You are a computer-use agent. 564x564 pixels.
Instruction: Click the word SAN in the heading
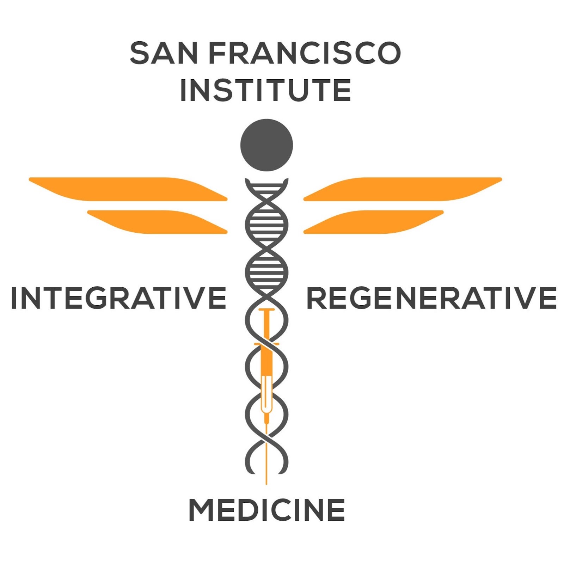[x=164, y=53]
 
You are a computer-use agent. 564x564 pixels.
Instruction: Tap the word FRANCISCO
[x=305, y=53]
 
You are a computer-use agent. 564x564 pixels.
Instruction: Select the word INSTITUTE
[x=265, y=90]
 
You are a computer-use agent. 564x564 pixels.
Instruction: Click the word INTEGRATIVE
[x=118, y=298]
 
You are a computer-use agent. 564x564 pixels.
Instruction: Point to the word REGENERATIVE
[x=432, y=298]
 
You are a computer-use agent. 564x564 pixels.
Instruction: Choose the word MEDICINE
[x=267, y=510]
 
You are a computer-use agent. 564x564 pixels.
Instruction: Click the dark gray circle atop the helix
[x=266, y=145]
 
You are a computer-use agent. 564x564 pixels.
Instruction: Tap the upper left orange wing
[x=128, y=189]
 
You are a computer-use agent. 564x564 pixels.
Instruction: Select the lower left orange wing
[x=157, y=222]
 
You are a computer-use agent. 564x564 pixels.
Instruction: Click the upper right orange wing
[x=403, y=189]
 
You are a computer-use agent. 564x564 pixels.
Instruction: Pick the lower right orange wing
[x=373, y=222]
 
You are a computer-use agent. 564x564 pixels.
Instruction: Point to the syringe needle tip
[x=266, y=484]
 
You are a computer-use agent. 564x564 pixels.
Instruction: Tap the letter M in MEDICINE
[x=201, y=510]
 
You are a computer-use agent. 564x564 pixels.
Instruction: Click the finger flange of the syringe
[x=266, y=344]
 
